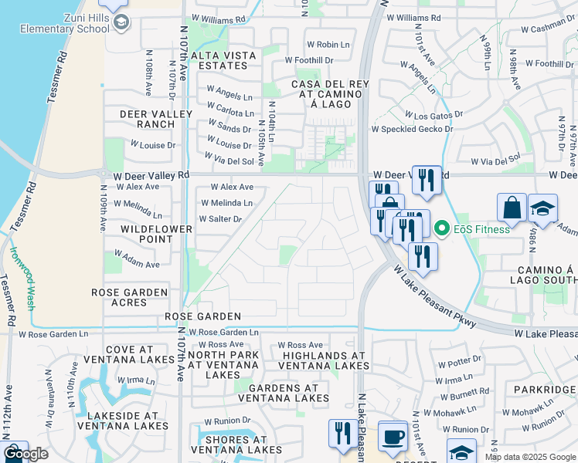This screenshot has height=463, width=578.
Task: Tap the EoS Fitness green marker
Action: (x=442, y=228)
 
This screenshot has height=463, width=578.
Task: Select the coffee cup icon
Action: (x=393, y=437)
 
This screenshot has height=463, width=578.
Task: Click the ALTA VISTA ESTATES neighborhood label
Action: (x=224, y=60)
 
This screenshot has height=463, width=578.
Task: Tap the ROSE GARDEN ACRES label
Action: (x=129, y=297)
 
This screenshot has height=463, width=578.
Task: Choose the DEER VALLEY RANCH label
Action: (x=152, y=119)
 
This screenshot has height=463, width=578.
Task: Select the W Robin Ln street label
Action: (x=328, y=45)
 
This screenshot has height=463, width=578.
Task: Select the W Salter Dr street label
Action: (x=220, y=219)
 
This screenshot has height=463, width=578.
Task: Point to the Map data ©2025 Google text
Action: (x=529, y=457)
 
